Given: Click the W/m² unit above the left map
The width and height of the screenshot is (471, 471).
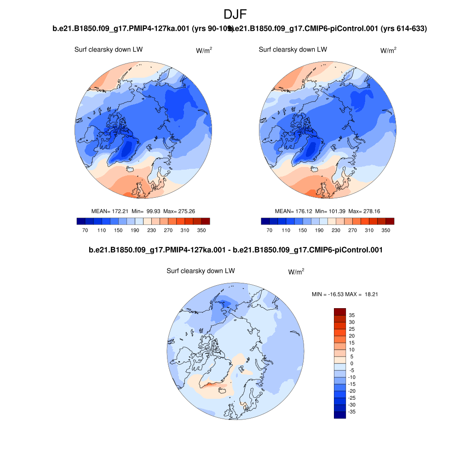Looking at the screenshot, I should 204,51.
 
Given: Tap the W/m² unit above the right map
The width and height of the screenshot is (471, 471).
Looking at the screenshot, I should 388,51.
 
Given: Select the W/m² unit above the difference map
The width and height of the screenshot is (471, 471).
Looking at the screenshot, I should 296,272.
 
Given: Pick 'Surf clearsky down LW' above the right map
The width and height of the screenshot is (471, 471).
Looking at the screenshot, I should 293,50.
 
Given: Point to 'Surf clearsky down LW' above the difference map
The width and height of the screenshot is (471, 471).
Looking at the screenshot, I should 201,271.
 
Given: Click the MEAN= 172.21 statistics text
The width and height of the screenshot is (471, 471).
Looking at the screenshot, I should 143,211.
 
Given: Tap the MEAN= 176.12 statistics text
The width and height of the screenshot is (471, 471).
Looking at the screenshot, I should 327,211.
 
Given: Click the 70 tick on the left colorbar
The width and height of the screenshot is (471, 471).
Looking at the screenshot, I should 85,230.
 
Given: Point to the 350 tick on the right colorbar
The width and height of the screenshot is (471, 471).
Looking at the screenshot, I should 385,230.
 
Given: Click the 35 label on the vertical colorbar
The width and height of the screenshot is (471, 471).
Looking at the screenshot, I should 352,315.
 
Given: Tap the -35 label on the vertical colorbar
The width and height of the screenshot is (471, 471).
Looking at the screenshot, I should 352,412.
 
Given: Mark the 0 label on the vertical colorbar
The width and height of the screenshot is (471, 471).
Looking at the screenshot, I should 352,363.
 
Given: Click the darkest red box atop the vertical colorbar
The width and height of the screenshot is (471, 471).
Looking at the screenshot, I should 339,311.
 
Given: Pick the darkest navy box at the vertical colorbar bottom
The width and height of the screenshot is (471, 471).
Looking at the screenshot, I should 339,415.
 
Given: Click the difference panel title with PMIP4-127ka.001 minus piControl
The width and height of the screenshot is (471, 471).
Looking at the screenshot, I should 235,250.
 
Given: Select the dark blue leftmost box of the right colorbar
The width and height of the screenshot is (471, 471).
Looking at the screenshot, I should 265,221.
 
